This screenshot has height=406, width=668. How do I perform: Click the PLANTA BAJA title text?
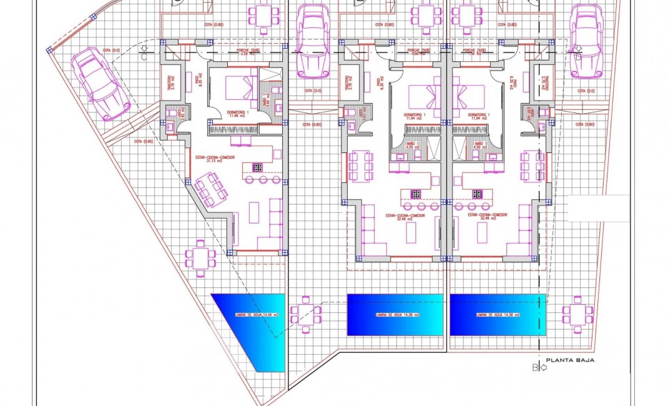[x=570, y=360]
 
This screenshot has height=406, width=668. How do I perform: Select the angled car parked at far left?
[x=100, y=84]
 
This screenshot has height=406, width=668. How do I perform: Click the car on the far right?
[x=586, y=41]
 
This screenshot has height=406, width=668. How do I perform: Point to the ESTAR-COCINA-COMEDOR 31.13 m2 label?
[x=215, y=159]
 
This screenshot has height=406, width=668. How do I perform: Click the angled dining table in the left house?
[x=210, y=189]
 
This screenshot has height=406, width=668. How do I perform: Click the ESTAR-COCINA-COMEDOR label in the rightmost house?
[x=488, y=217]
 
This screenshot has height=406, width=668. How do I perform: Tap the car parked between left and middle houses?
[x=313, y=41]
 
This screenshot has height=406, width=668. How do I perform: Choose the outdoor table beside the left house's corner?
[x=200, y=257]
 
